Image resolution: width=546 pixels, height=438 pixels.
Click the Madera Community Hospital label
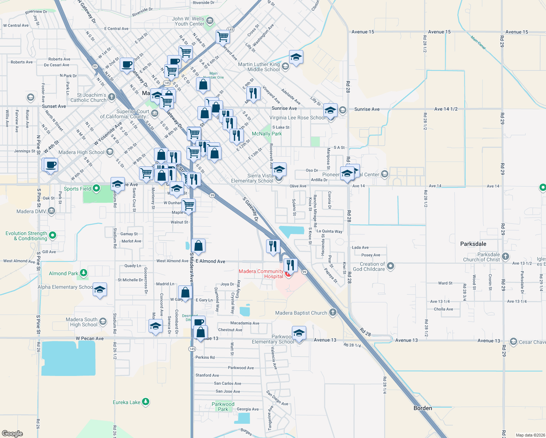click(x=261, y=274)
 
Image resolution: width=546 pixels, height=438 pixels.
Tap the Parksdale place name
click(x=473, y=244)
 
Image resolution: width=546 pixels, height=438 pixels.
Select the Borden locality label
click(x=423, y=408)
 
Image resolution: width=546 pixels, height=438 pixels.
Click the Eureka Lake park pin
click(x=146, y=402)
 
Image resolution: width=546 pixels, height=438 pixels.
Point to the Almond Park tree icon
click(x=84, y=273)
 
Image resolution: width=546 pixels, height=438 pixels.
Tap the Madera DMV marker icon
click(x=51, y=211)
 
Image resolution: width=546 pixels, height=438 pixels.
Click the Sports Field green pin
click(x=96, y=188)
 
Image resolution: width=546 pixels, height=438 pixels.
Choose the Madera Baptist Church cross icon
click(x=332, y=312)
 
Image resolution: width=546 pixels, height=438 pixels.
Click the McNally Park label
click(x=267, y=134)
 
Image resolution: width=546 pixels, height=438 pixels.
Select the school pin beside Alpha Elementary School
click(x=100, y=290)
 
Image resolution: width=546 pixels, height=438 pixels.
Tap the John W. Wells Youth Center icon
click(x=209, y=21)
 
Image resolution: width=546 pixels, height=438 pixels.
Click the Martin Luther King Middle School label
click(x=259, y=67)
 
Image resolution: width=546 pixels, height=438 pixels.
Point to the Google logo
click(x=12, y=434)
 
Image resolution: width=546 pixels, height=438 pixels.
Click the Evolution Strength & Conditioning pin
click(x=53, y=235)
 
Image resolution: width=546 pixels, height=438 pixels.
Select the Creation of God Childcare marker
click(x=391, y=266)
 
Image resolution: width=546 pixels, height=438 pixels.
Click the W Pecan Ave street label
click(x=90, y=338)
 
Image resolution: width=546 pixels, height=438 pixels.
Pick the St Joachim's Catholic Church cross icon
click(x=112, y=97)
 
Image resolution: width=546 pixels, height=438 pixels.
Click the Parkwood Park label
click(x=223, y=407)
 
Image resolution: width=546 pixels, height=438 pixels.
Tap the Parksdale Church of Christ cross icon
click(x=505, y=257)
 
